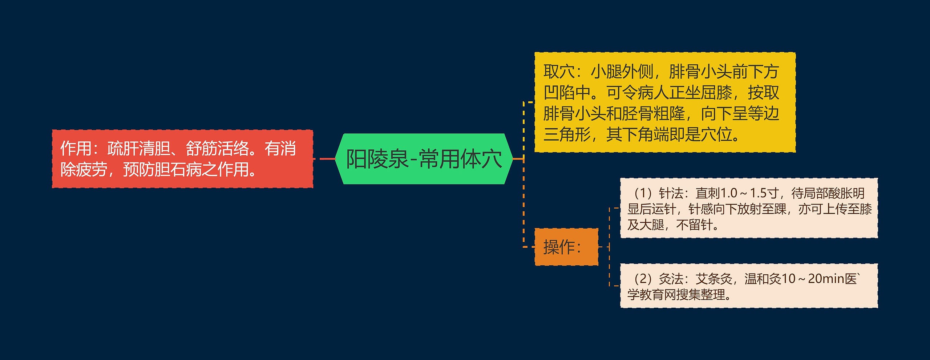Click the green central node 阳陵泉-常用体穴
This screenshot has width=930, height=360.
click(424, 159)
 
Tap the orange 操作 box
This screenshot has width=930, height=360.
click(566, 247)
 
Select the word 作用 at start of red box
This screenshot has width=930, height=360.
click(76, 148)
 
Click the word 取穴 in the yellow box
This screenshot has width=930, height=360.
click(559, 72)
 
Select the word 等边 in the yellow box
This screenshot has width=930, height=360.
click(764, 114)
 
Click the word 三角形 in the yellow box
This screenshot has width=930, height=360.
click(567, 135)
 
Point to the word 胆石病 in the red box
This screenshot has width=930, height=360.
click(178, 169)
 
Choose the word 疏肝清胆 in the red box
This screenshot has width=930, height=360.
click(139, 148)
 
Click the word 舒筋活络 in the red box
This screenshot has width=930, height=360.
click(217, 148)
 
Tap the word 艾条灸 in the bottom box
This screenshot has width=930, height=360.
click(714, 279)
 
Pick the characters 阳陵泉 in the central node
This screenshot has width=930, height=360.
click(377, 159)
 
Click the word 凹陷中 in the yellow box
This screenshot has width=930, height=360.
click(567, 93)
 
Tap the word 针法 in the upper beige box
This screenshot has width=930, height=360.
click(671, 193)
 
